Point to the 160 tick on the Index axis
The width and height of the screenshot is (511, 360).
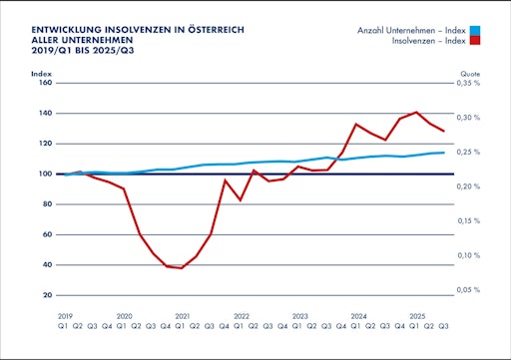46,83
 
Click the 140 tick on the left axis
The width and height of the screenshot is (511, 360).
46,113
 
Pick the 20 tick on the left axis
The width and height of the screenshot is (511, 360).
48,295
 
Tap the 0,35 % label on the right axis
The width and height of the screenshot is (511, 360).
469,83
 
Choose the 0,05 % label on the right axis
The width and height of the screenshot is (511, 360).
469,290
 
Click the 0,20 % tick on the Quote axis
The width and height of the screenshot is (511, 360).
469,186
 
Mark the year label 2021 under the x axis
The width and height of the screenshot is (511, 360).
181,314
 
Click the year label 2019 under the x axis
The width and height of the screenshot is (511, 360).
65,314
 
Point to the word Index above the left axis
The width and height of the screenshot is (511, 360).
42,74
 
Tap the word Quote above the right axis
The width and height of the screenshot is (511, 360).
470,74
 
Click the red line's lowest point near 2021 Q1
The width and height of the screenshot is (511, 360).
181,268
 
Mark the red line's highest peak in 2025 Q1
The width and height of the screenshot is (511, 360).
415,112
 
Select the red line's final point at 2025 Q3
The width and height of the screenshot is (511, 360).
444,132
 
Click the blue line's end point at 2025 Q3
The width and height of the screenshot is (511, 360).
444,153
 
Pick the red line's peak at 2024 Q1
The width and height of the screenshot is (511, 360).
356,124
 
